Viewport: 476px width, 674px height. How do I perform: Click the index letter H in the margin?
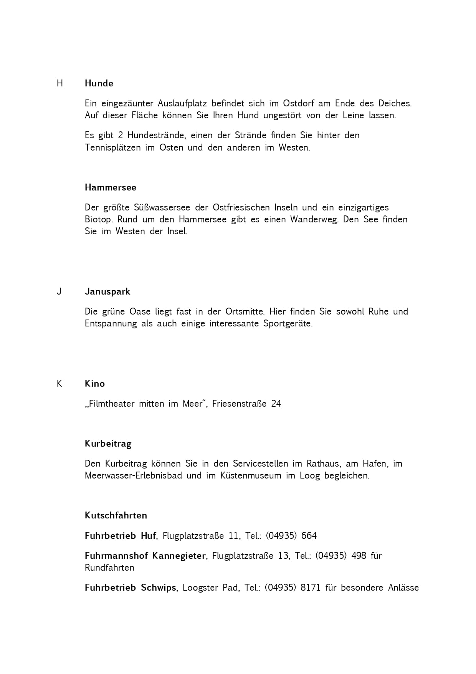[x=59, y=83]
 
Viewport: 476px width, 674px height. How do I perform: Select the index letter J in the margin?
[x=59, y=291]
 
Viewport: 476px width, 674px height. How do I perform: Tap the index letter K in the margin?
[x=59, y=384]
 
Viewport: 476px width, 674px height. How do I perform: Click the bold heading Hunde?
[x=99, y=83]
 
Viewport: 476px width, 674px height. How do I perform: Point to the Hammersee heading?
[x=111, y=187]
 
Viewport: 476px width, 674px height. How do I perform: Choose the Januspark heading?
[x=107, y=291]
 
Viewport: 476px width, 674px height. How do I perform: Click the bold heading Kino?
[x=95, y=384]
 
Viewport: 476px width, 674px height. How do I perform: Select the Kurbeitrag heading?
[x=108, y=444]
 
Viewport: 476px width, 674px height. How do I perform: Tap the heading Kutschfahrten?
[x=116, y=515]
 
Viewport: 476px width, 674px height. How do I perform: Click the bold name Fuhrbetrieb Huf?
[x=120, y=536]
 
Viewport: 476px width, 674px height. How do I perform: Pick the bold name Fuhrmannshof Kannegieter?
[x=145, y=556]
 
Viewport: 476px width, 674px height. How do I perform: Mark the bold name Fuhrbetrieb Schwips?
[x=130, y=588]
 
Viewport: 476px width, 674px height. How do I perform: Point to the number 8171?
[x=311, y=588]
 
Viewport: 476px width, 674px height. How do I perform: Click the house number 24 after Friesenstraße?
[x=276, y=404]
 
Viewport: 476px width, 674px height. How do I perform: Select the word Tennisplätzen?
[x=113, y=147]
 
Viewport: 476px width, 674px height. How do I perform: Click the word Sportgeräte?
[x=288, y=323]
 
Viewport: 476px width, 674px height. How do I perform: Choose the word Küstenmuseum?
[x=251, y=475]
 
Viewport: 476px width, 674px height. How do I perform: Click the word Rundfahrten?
[x=109, y=568]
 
